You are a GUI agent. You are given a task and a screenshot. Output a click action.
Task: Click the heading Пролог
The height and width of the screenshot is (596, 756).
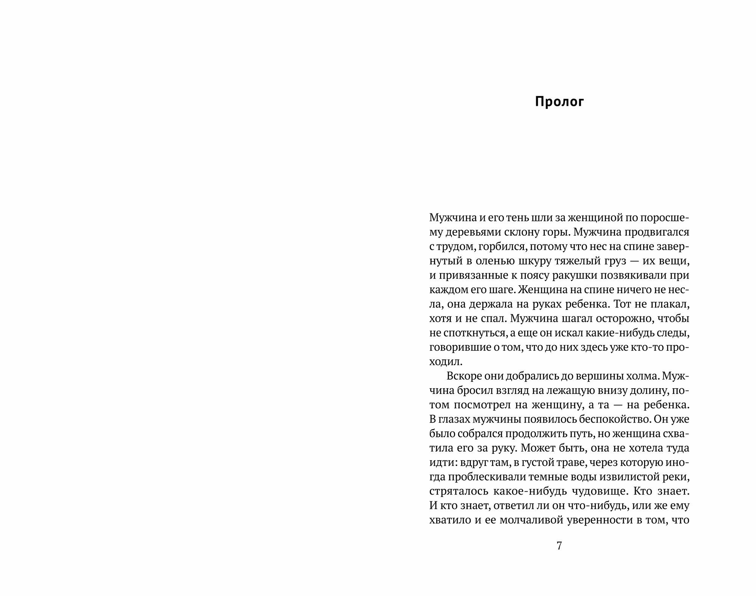coord(559,102)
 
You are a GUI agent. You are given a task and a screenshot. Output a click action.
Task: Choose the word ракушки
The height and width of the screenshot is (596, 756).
coord(576,275)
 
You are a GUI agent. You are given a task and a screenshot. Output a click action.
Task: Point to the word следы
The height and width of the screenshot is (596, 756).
coord(672,333)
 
